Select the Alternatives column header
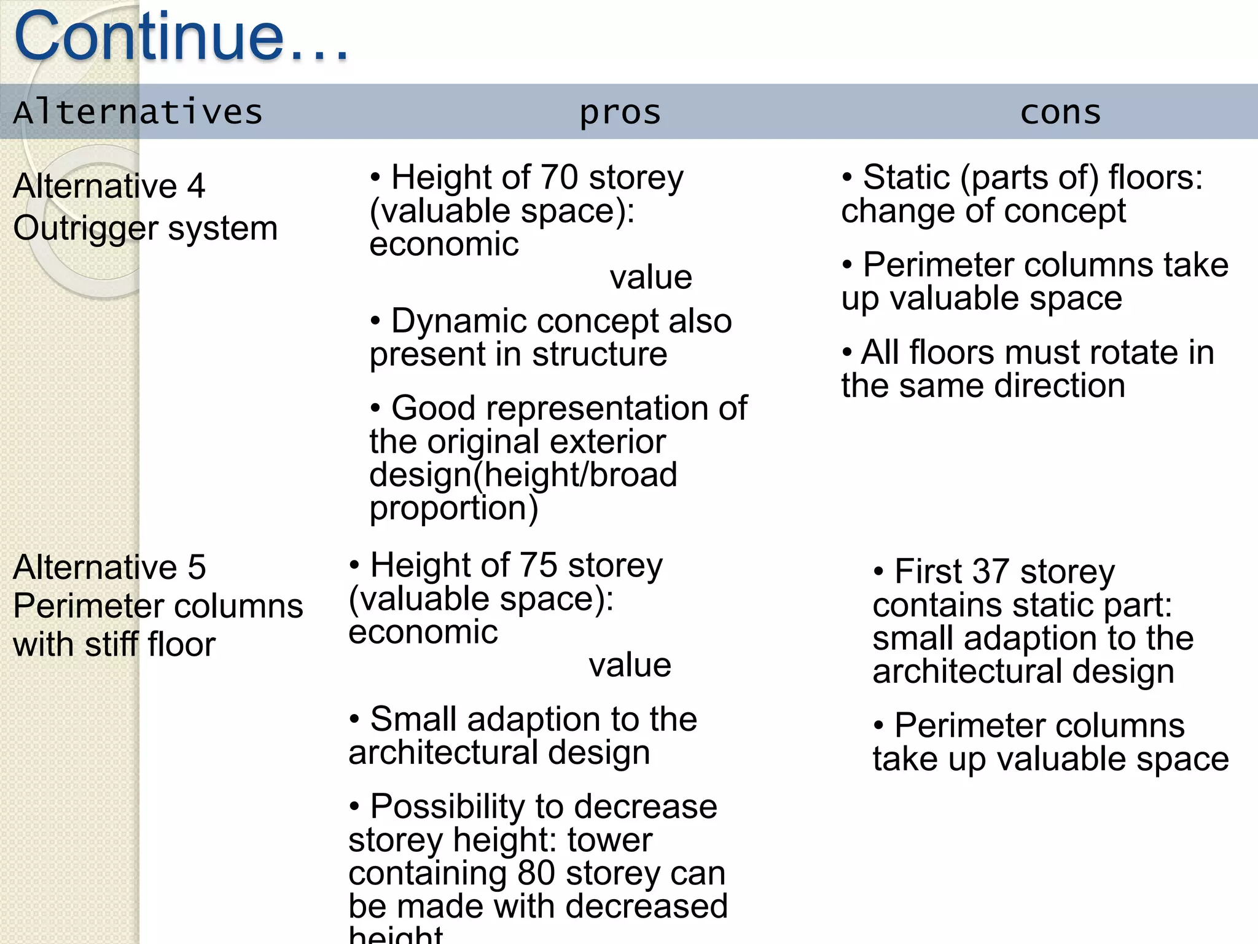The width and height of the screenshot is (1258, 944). tap(138, 112)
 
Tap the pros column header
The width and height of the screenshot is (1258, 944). tap(620, 112)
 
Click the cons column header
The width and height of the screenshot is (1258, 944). tap(1061, 112)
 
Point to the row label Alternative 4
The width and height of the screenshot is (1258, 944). tap(109, 186)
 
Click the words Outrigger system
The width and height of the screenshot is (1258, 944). tap(146, 229)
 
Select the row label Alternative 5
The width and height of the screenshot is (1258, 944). tap(109, 567)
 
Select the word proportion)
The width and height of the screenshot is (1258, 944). tap(453, 508)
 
